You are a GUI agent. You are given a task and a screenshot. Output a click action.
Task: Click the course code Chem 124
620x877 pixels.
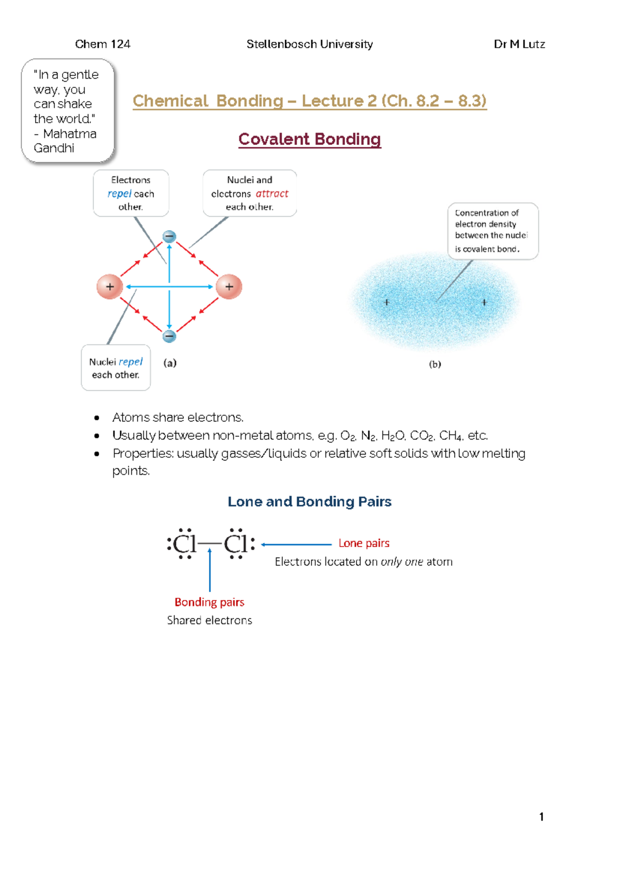[102, 44]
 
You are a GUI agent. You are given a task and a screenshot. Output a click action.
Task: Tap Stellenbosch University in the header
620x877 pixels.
[309, 44]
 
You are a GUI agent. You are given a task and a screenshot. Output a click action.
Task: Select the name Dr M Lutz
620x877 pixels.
[519, 44]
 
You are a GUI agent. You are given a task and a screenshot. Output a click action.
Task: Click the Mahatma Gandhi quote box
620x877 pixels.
[67, 111]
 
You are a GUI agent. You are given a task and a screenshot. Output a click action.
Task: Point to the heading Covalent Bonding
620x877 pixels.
[309, 139]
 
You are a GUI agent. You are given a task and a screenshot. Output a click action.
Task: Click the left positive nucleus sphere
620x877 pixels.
[110, 286]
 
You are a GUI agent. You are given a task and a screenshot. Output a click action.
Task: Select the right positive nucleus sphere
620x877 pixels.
[229, 286]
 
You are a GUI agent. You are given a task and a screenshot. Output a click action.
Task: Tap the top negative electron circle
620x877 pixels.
[169, 237]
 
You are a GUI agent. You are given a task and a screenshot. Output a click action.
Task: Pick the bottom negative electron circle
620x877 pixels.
[169, 337]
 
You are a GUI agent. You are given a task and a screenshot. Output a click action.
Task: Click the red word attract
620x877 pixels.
[272, 193]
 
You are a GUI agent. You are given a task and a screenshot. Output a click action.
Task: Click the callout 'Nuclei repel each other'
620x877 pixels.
[116, 368]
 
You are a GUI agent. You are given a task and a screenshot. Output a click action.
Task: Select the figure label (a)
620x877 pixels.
[170, 363]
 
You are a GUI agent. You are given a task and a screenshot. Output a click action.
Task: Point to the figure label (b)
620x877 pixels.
[435, 364]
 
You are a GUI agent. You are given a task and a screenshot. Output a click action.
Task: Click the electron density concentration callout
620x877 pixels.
[492, 231]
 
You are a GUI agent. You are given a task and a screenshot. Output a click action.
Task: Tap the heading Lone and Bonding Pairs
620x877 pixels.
[309, 502]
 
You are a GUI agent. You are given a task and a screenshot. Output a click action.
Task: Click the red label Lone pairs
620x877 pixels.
[364, 543]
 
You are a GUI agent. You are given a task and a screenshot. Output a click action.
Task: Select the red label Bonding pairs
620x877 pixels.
[209, 602]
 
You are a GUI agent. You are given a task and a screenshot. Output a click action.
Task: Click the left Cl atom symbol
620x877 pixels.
[184, 545]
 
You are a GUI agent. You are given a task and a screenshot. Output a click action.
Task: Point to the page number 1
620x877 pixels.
[541, 817]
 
